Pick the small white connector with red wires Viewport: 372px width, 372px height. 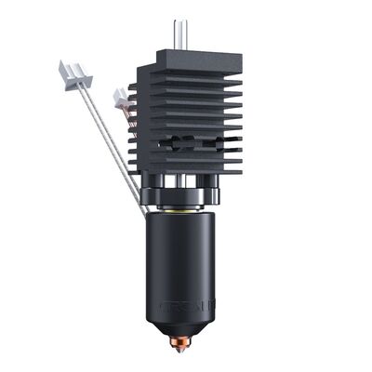(x=120, y=96)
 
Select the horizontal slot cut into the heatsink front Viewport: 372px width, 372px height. (x=192, y=146)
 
